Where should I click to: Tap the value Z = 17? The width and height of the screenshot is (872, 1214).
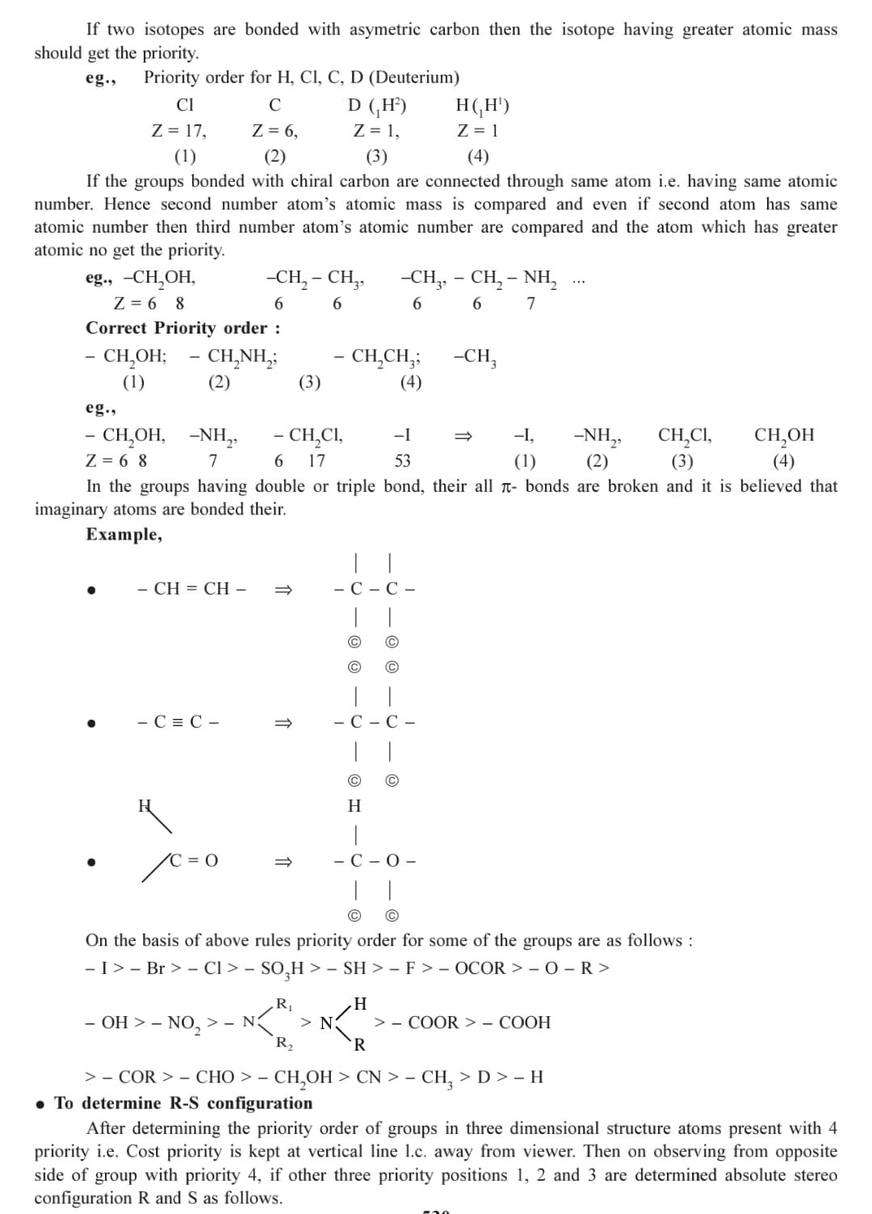pyautogui.click(x=178, y=130)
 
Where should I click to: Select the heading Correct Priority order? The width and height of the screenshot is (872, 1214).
pyautogui.click(x=183, y=328)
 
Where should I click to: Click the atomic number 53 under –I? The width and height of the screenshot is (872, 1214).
pyautogui.click(x=402, y=460)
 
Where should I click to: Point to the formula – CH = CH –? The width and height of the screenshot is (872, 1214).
pyautogui.click(x=191, y=589)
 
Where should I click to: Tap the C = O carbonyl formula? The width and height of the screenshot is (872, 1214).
pyautogui.click(x=194, y=861)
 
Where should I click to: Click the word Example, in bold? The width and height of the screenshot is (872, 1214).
pyautogui.click(x=124, y=535)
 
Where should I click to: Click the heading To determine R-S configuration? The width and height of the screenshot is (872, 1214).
pyautogui.click(x=183, y=1103)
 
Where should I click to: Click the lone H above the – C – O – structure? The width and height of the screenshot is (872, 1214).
pyautogui.click(x=354, y=806)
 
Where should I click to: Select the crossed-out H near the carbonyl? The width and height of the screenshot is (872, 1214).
pyautogui.click(x=145, y=805)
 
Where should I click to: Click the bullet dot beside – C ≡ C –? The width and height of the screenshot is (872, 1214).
pyautogui.click(x=93, y=724)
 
